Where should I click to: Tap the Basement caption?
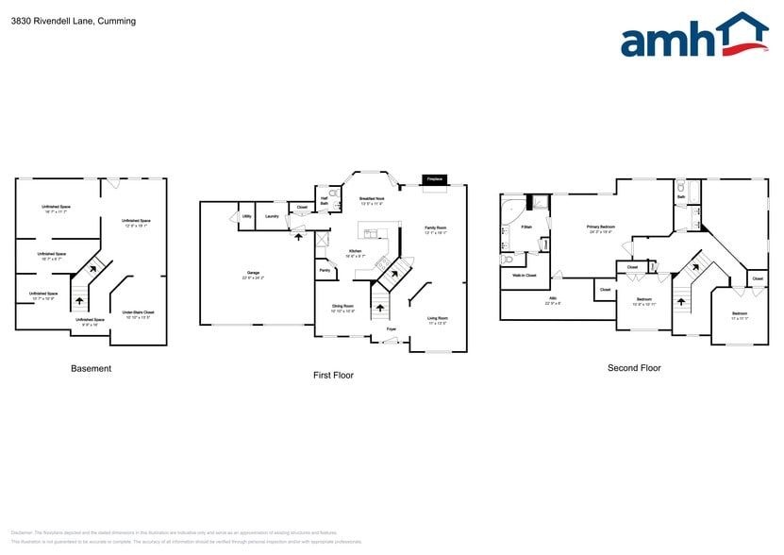pyautogui.click(x=91, y=368)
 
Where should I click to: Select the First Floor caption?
pyautogui.click(x=333, y=375)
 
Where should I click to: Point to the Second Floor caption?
pyautogui.click(x=634, y=368)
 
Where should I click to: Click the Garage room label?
pyautogui.click(x=253, y=275)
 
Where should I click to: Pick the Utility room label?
pyautogui.click(x=246, y=216)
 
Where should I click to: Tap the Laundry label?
pyautogui.click(x=272, y=216)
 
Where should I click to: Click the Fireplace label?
pyautogui.click(x=435, y=178)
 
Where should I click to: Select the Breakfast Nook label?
pyautogui.click(x=371, y=199)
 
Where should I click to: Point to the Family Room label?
pyautogui.click(x=435, y=228)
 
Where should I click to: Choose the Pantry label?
pyautogui.click(x=325, y=270)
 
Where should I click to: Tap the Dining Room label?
pyautogui.click(x=342, y=307)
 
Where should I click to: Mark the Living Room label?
pyautogui.click(x=437, y=319)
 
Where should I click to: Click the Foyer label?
pyautogui.click(x=391, y=328)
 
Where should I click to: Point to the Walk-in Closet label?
pyautogui.click(x=525, y=275)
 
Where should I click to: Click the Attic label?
pyautogui.click(x=552, y=299)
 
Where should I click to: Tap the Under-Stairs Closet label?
pyautogui.click(x=138, y=312)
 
